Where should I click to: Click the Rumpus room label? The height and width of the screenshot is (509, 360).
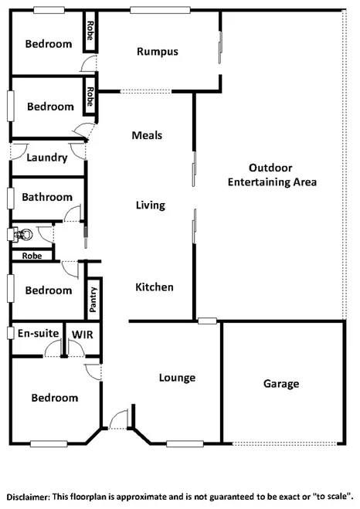tap(158, 52)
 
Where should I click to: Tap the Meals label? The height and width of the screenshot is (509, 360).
tap(147, 135)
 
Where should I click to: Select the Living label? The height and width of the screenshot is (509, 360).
tap(151, 205)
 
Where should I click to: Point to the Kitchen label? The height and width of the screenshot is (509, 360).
tap(155, 287)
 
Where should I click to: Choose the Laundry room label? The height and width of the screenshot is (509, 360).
tap(47, 158)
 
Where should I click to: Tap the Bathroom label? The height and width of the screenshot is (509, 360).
tap(47, 197)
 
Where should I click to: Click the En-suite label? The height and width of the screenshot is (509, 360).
tap(39, 333)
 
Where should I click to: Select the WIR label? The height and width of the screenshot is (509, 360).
tap(83, 333)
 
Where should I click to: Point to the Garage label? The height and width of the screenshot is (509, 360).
tap(281, 383)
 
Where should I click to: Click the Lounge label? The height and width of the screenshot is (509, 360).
tap(177, 378)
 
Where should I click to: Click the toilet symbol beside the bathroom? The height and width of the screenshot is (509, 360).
tap(21, 233)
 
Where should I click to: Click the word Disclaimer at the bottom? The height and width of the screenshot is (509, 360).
tap(29, 495)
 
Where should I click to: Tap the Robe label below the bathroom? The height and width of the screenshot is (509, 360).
tap(32, 255)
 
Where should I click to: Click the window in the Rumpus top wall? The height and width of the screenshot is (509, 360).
tap(150, 9)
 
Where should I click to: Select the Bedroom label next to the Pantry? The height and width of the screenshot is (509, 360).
tap(49, 290)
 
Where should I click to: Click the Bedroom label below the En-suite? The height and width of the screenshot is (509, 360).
tap(55, 398)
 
